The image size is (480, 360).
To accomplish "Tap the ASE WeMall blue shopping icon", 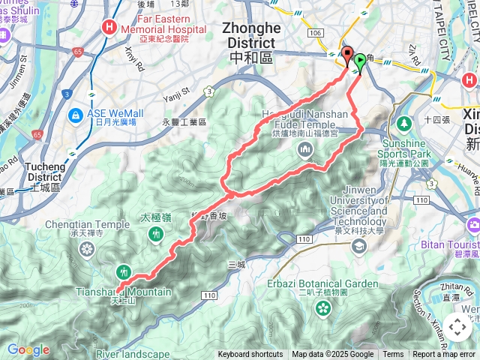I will pyautogui.click(x=76, y=115).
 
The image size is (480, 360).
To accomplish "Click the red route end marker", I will pyautogui.click(x=347, y=55).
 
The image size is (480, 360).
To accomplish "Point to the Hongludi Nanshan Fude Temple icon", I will pyautogui.click(x=305, y=150).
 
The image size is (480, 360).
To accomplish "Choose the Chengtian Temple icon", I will pyautogui.click(x=88, y=250).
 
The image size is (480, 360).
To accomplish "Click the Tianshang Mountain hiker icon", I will pyautogui.click(x=124, y=272).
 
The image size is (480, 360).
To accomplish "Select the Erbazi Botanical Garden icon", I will pyautogui.click(x=322, y=307).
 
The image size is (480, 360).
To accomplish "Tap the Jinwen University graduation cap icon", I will pyautogui.click(x=360, y=245).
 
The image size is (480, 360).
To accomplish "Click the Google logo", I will pyautogui.click(x=28, y=349).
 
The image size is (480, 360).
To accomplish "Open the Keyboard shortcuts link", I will pyautogui.click(x=250, y=355).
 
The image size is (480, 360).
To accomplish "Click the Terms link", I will pyautogui.click(x=393, y=355).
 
